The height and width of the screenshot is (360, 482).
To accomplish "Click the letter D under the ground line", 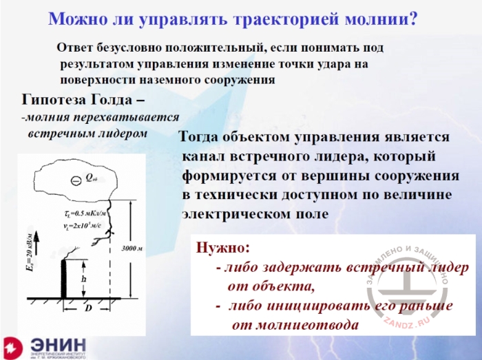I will tap(88, 308).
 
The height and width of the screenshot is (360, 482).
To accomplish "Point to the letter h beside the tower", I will tap(83, 278).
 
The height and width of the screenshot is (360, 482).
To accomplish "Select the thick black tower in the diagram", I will tap(65, 278).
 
